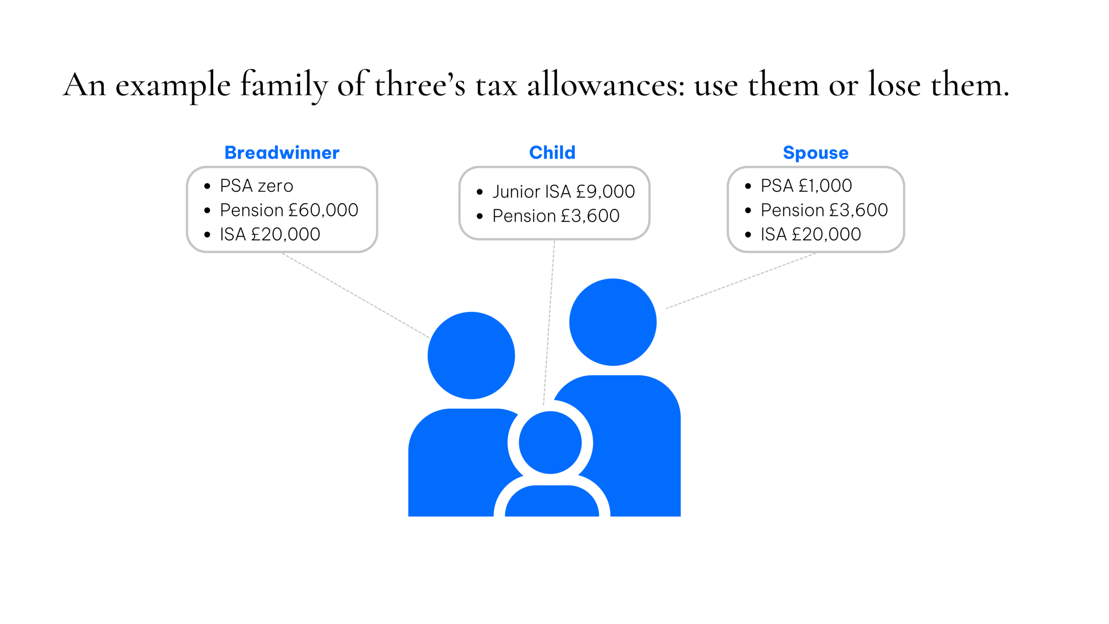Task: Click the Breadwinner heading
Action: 282,153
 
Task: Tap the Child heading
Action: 552,153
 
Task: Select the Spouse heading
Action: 815,153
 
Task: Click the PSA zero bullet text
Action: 256,186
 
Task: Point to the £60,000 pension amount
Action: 324,210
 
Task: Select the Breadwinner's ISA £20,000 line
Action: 270,234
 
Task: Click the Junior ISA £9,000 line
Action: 563,192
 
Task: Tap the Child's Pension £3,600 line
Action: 556,216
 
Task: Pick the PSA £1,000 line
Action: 806,186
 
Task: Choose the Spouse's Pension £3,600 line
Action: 824,210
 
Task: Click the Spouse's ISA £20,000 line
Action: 811,234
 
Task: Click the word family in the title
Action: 284,86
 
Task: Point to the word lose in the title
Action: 894,86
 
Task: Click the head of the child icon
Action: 550,442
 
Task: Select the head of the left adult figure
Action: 471,355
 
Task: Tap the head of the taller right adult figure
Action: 613,322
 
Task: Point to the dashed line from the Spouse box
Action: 741,281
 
